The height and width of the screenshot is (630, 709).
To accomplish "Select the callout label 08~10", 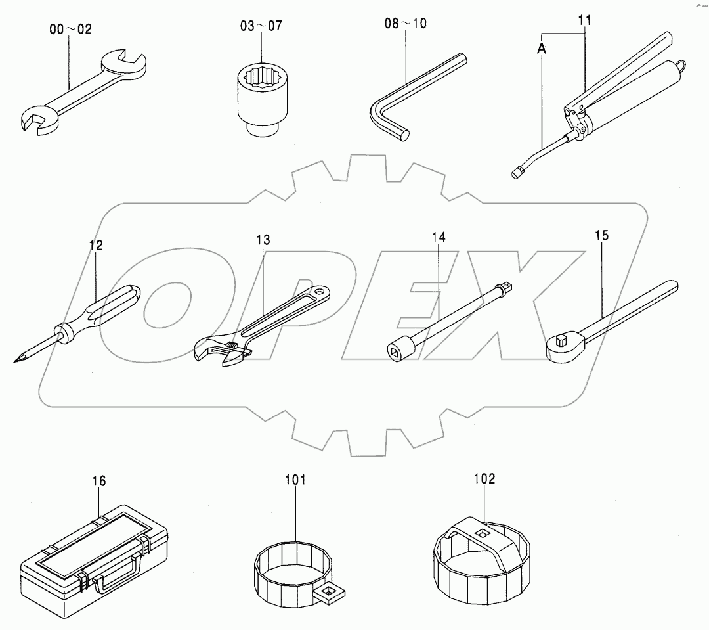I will point(405,24).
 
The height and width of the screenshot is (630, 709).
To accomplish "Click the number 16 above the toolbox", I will point(98,482).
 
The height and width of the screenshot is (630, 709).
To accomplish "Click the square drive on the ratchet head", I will point(561,339).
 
